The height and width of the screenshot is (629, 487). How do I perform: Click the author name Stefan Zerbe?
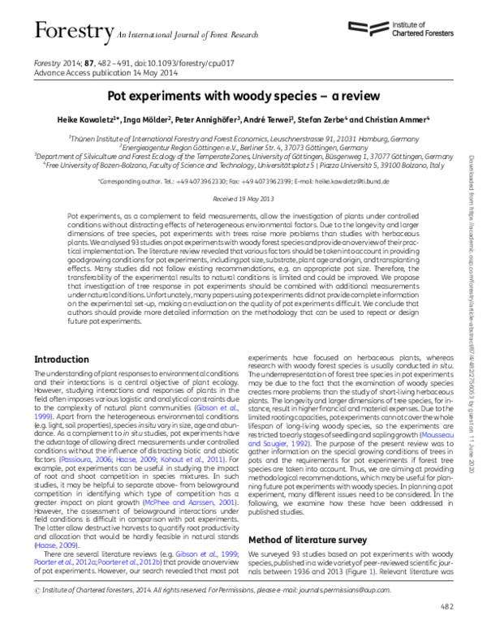(x=329, y=119)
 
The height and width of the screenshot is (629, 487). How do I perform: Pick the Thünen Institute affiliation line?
(x=243, y=139)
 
